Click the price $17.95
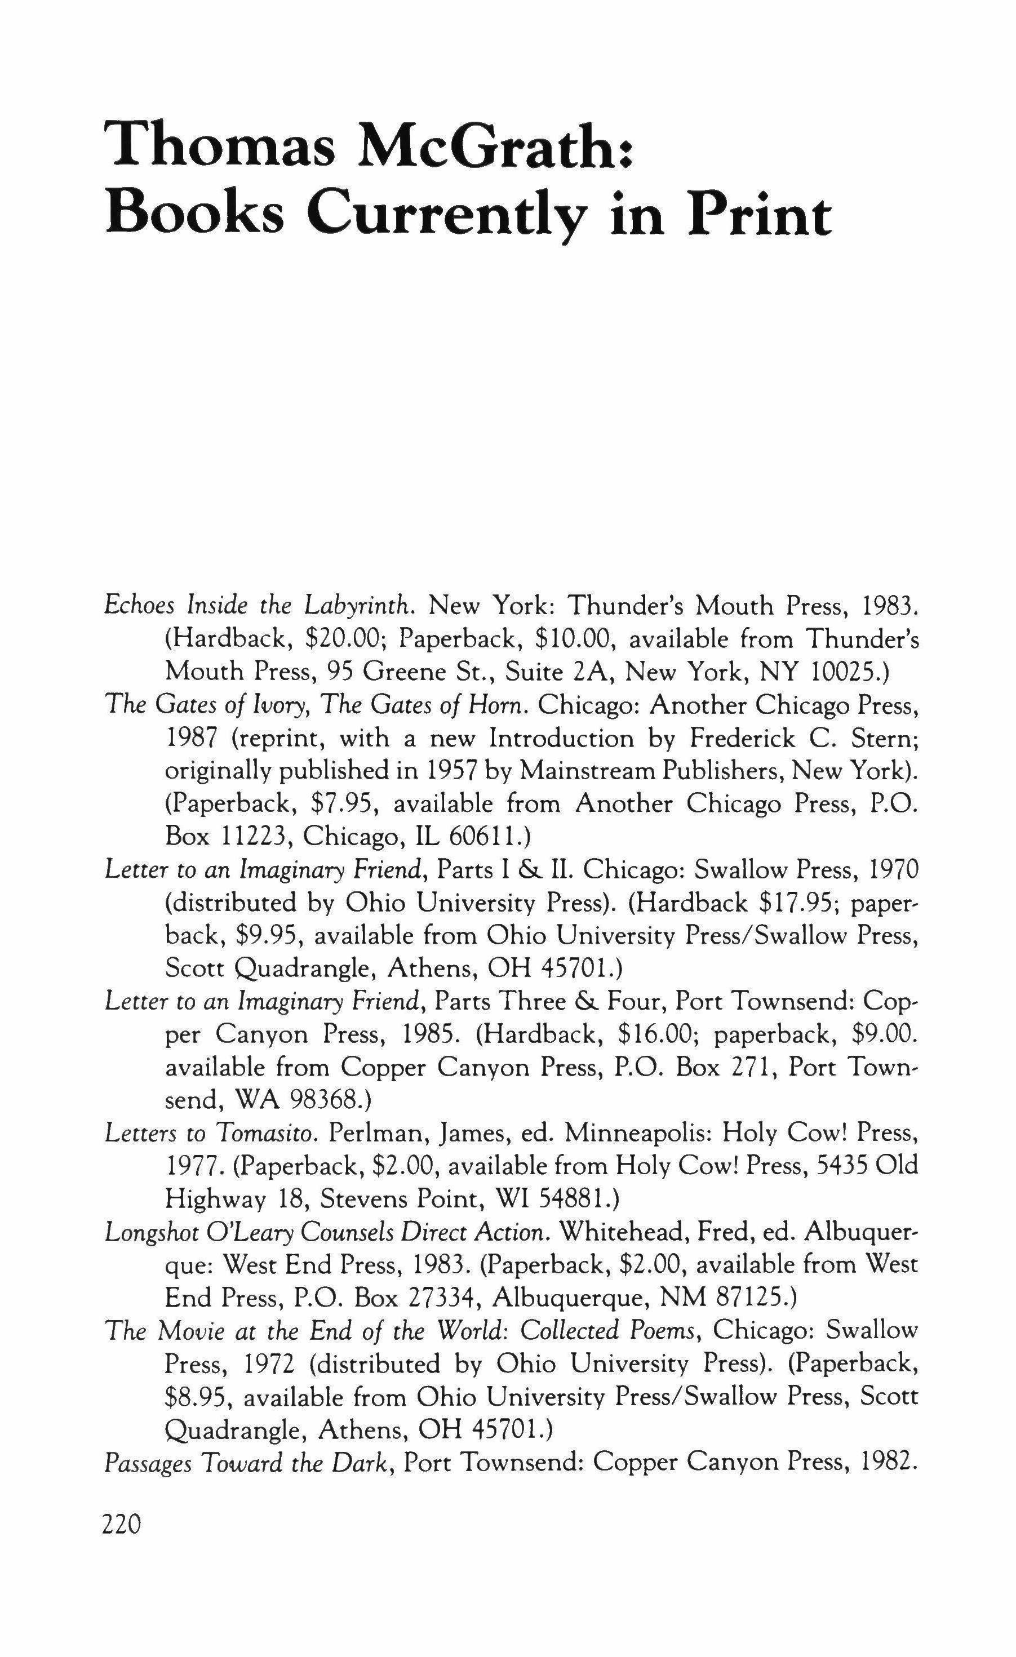797,903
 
